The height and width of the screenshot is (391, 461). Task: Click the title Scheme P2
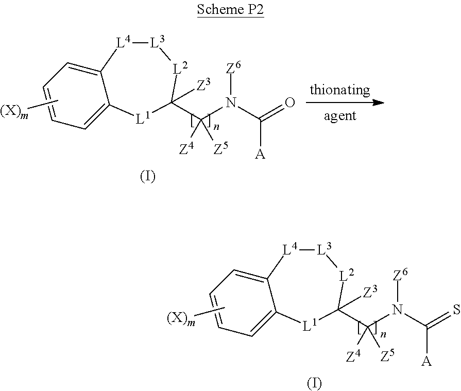point(230,9)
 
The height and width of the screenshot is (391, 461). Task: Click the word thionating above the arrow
point(340,90)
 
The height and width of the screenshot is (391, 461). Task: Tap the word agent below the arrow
point(340,116)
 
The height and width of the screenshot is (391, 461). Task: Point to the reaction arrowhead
point(378,103)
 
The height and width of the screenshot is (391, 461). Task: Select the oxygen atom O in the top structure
point(289,103)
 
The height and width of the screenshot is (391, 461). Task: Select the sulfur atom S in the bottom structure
point(456,309)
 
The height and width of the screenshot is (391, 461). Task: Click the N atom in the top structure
point(231,103)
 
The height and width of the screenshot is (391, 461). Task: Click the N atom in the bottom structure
point(397,310)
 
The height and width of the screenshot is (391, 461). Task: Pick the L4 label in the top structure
point(123,42)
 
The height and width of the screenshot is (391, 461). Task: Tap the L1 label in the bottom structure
point(310,325)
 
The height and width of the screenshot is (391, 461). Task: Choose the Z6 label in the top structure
point(233,68)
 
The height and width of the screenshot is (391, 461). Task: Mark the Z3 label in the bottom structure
point(370,292)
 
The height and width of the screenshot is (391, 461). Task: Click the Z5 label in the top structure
point(220,148)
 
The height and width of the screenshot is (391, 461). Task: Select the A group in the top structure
point(260,154)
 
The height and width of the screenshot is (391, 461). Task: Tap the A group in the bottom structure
point(426,361)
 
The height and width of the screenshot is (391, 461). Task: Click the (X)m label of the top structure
point(14,112)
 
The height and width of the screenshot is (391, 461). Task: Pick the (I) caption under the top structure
point(147,176)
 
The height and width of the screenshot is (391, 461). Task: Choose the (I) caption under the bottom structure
point(314,383)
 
